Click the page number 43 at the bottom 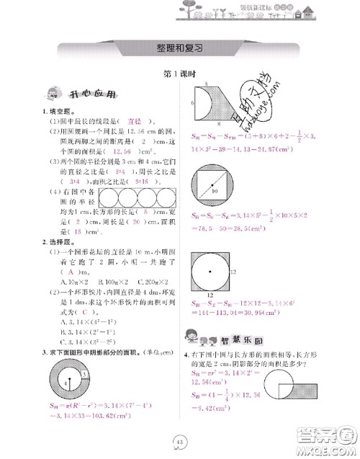point(179,442)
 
